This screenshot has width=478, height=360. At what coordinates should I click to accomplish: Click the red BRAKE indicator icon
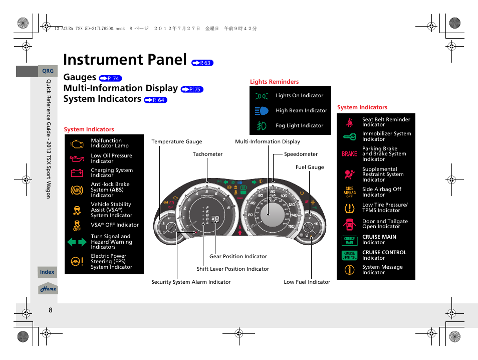coord(349,154)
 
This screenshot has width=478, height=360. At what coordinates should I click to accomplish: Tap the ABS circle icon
coord(77,190)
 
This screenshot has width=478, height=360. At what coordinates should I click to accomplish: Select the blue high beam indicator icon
coord(261,111)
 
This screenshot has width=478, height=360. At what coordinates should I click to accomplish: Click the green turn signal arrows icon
coord(77,242)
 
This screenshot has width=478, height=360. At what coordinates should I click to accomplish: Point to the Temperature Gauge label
coord(177,142)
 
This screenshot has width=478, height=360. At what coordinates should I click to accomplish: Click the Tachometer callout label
coord(207,154)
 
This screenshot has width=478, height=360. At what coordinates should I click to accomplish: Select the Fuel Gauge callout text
coord(310,167)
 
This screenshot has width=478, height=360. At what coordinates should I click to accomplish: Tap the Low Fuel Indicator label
coord(307,282)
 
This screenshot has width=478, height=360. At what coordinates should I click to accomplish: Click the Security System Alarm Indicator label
coord(191,282)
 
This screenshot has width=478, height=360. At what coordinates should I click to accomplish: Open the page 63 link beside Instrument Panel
coord(202,63)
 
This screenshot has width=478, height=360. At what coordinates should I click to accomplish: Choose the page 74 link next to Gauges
coord(110,78)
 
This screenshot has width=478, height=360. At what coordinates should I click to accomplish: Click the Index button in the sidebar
coord(47,272)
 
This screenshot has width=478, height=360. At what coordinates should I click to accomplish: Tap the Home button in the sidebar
coord(48,289)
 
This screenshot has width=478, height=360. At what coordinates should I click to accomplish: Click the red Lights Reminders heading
coord(274,82)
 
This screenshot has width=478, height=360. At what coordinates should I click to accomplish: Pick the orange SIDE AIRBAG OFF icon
coord(349,192)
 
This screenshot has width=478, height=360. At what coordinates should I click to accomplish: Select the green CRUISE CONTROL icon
coord(349,255)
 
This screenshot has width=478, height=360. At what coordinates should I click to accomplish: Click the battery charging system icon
coord(77,173)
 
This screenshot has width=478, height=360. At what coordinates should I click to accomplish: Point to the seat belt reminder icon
coord(349,122)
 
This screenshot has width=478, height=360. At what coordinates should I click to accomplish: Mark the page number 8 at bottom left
coord(51,310)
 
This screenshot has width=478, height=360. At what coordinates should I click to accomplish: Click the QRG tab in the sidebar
coord(48,71)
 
